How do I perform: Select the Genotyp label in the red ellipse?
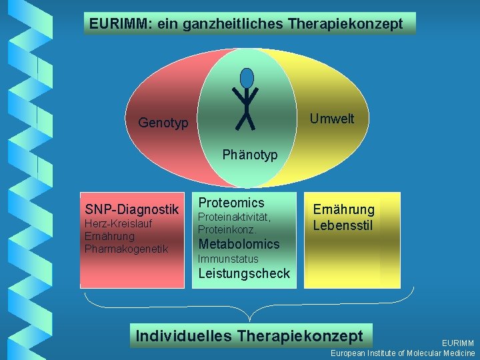click(163, 123)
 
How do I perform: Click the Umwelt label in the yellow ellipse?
click(332, 119)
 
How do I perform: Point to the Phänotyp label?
click(250, 155)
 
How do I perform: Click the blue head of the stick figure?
click(247, 78)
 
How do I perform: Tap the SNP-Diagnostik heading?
click(132, 209)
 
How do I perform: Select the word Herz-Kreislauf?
click(119, 223)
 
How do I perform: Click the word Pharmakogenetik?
click(127, 249)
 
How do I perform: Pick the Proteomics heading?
click(231, 203)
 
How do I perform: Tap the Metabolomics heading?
click(239, 244)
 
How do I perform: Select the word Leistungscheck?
click(244, 273)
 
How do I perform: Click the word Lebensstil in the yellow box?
click(344, 225)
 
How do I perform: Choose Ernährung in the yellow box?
click(344, 209)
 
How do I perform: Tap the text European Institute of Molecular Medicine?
click(403, 353)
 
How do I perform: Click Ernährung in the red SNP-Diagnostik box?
click(109, 236)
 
